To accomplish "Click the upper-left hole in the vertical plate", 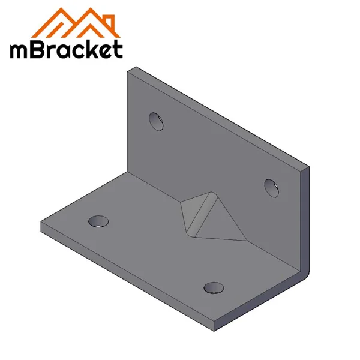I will [x=156, y=121].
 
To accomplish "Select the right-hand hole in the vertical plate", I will [x=271, y=187].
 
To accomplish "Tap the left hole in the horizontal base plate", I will [x=98, y=221].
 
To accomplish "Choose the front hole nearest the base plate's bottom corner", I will [x=213, y=287].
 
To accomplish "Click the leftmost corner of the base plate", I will [x=41, y=226].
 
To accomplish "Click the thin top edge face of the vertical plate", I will [x=222, y=117].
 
